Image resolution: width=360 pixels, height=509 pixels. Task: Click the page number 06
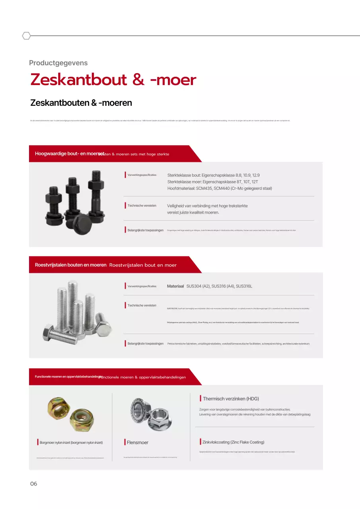click(x=33, y=484)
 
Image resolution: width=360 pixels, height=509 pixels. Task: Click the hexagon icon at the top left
click(x=26, y=36)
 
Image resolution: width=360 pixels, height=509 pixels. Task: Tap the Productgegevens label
click(x=58, y=63)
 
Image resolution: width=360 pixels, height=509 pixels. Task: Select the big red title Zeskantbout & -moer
click(x=113, y=80)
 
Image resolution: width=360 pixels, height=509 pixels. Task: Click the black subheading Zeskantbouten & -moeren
click(x=81, y=103)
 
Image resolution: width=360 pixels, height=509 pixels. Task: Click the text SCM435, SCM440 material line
click(x=220, y=188)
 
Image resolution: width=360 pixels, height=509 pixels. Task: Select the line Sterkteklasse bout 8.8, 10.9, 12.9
click(x=214, y=175)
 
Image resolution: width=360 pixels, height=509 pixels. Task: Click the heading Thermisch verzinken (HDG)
click(x=231, y=399)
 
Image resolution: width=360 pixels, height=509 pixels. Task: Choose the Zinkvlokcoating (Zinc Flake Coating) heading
click(x=233, y=442)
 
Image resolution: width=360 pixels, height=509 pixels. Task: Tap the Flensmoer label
click(x=137, y=443)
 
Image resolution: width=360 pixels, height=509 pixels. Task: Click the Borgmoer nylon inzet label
click(x=71, y=443)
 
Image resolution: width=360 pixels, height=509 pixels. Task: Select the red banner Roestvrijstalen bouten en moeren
click(x=70, y=265)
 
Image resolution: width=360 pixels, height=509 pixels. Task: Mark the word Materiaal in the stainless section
click(x=175, y=286)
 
